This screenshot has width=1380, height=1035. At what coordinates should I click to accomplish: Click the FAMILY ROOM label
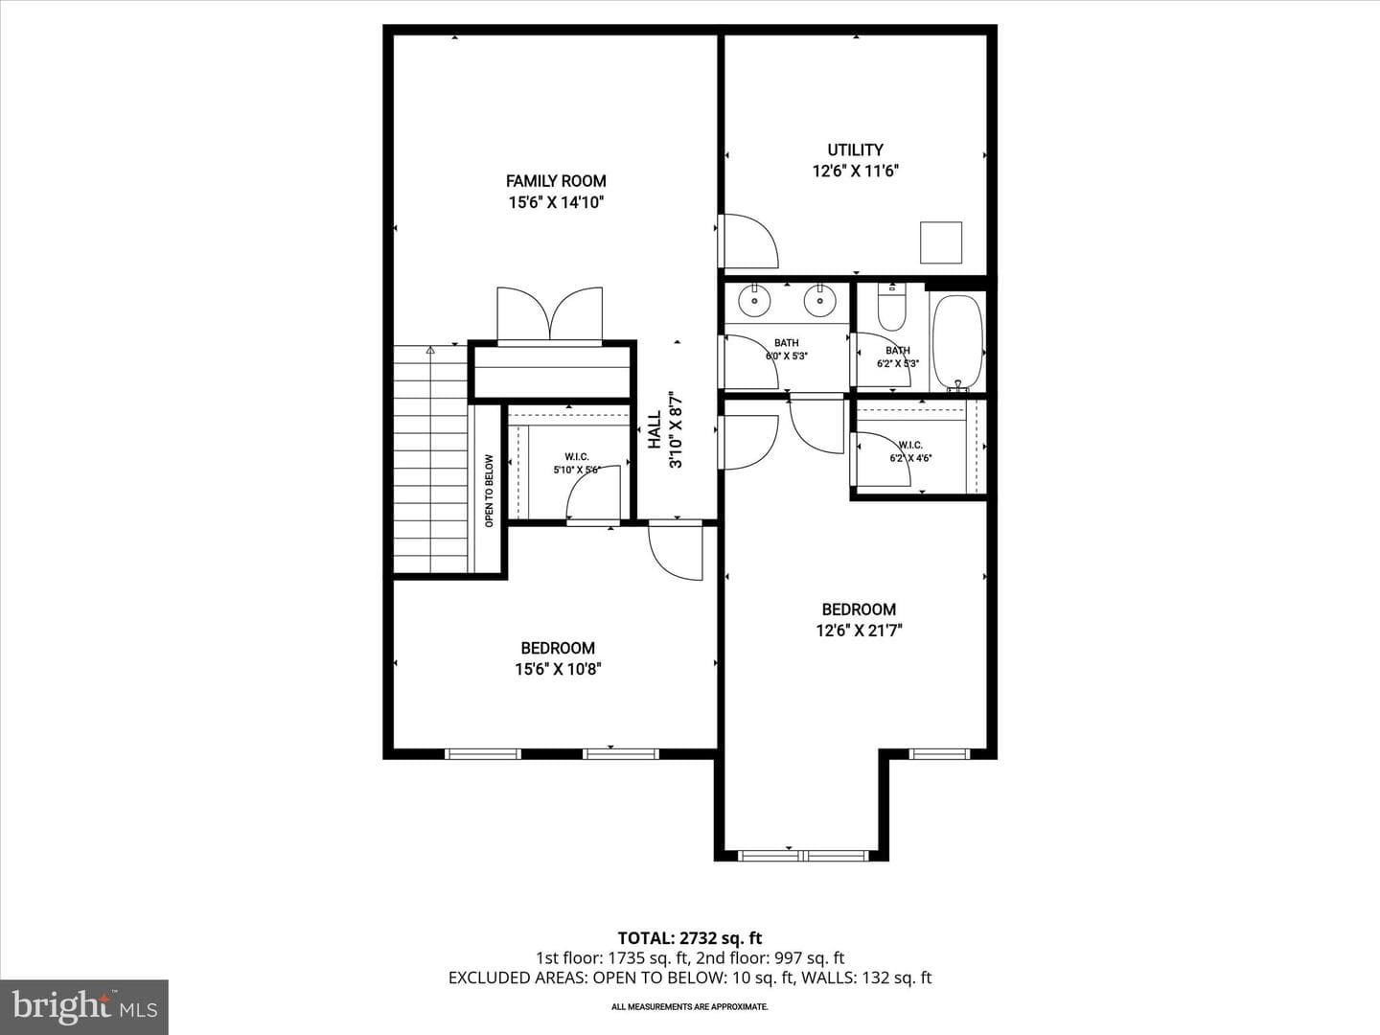click(556, 181)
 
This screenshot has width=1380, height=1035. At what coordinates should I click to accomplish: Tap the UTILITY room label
click(855, 150)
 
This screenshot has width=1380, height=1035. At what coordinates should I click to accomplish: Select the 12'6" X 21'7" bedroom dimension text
click(859, 631)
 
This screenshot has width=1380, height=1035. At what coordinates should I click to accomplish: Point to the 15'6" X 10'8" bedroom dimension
click(558, 669)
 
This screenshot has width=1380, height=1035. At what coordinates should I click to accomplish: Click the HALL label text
click(655, 430)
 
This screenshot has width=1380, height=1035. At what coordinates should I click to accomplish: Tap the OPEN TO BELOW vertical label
click(489, 491)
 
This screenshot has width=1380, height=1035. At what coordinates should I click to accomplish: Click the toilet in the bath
click(891, 308)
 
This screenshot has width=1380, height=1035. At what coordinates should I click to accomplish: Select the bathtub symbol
click(957, 343)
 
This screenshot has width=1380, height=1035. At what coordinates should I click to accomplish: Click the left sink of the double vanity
click(754, 300)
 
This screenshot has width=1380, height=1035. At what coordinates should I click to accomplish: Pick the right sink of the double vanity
click(819, 300)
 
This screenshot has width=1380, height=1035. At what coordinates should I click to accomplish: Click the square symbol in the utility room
click(941, 242)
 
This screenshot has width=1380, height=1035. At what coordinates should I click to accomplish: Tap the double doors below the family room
click(549, 314)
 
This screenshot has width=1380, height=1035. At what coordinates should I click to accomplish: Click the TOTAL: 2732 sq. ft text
click(690, 938)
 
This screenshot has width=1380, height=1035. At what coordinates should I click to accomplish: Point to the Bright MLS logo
click(84, 1006)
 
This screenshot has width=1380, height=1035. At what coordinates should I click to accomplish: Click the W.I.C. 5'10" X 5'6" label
click(577, 463)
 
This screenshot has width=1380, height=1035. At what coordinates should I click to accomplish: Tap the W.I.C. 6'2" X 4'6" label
click(910, 451)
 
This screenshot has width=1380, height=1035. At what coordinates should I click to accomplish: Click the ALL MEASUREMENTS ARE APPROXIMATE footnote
click(690, 1006)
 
